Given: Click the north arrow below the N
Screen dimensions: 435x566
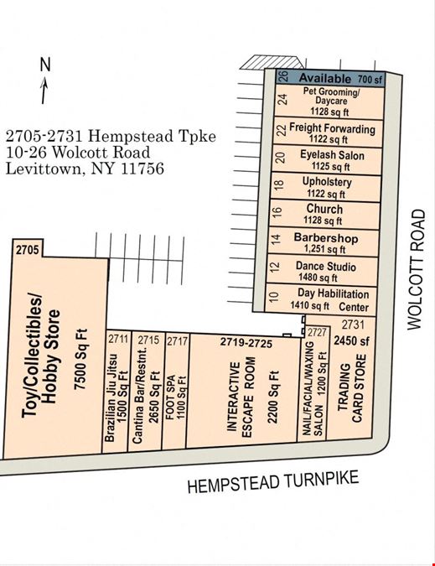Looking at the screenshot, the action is (x=44, y=90).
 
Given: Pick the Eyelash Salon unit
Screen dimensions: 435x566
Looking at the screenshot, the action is (x=326, y=160).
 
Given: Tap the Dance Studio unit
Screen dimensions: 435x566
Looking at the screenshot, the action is (x=323, y=270).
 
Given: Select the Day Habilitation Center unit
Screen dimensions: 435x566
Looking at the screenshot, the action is (x=321, y=299).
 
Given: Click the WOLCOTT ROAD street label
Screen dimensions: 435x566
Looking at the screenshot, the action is (x=417, y=269).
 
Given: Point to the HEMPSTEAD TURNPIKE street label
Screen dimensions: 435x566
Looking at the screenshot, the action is (x=273, y=481).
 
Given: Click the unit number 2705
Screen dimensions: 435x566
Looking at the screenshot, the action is (x=27, y=249).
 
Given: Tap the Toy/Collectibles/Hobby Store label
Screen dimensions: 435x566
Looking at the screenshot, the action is (x=40, y=356).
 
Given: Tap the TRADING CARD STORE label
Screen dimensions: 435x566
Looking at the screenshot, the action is (x=352, y=388).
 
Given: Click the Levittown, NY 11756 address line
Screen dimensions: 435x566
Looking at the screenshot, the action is (x=85, y=169).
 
